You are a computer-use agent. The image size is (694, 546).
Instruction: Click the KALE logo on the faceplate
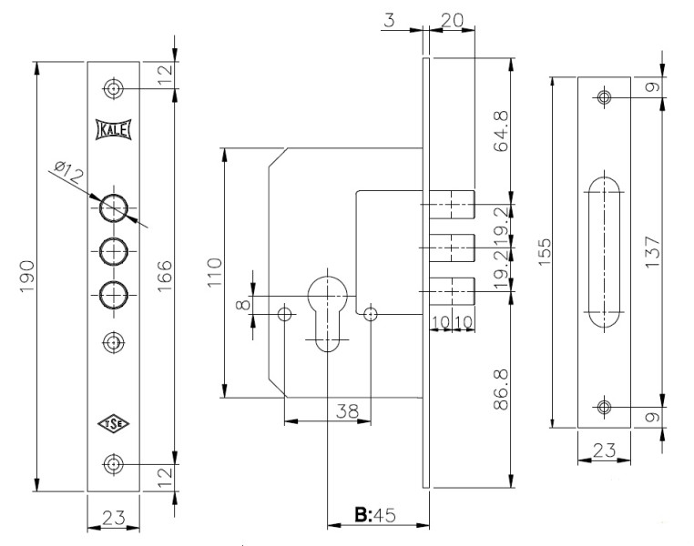(113, 129)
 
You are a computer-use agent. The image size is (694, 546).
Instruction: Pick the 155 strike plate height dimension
(545, 252)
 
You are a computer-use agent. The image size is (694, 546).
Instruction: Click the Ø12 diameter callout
(68, 170)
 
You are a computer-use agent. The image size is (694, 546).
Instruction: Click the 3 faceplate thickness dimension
(389, 20)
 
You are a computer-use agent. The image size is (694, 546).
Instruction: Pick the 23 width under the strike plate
(602, 448)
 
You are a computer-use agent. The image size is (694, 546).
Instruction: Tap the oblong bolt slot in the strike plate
(604, 251)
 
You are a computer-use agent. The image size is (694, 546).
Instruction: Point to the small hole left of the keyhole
(285, 314)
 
